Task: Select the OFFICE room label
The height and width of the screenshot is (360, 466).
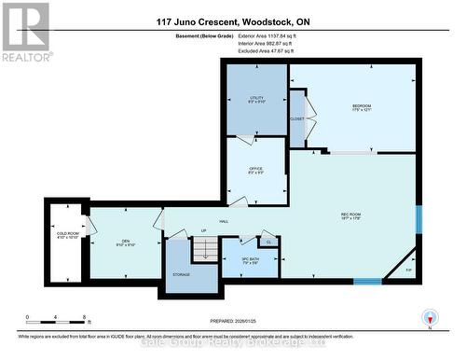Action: click(254, 170)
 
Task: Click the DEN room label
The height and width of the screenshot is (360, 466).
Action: click(124, 242)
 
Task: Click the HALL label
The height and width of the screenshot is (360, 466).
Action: click(225, 221)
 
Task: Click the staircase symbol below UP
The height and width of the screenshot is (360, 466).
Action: click(203, 250)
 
